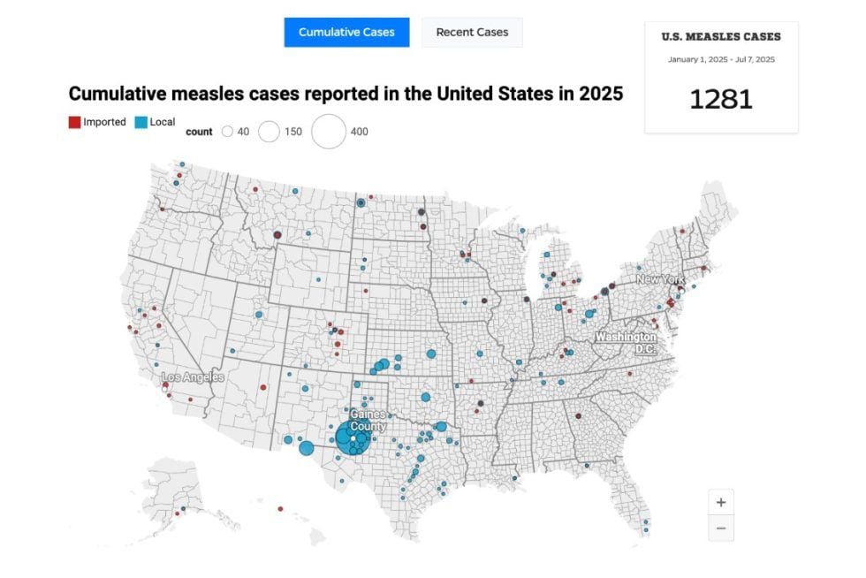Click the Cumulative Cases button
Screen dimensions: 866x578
click(346, 32)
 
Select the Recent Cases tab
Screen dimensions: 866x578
click(472, 32)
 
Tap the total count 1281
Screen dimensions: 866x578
click(721, 100)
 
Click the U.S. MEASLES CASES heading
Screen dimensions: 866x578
click(721, 37)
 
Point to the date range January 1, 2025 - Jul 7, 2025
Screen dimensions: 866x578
click(721, 60)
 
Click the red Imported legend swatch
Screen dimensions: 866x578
click(74, 122)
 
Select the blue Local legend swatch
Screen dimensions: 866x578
click(141, 122)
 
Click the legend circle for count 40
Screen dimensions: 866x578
click(227, 132)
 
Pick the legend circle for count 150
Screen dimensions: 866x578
click(269, 132)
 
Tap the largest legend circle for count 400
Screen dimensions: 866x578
click(329, 132)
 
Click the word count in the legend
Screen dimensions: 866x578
click(199, 132)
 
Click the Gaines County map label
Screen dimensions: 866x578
click(368, 420)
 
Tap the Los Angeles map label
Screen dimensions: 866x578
click(193, 376)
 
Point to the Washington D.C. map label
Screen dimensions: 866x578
click(626, 343)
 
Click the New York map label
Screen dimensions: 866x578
click(660, 279)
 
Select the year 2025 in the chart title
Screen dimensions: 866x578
click(601, 94)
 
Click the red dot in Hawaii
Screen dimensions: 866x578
click(281, 508)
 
